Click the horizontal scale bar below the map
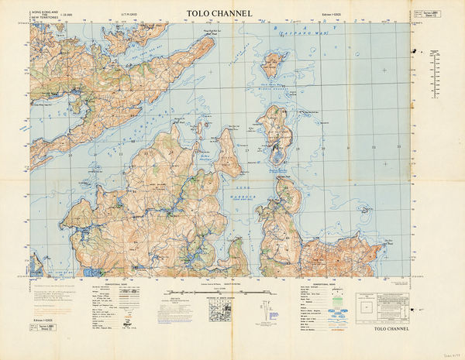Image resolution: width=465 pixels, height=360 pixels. pyautogui.click(x=232, y=293)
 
